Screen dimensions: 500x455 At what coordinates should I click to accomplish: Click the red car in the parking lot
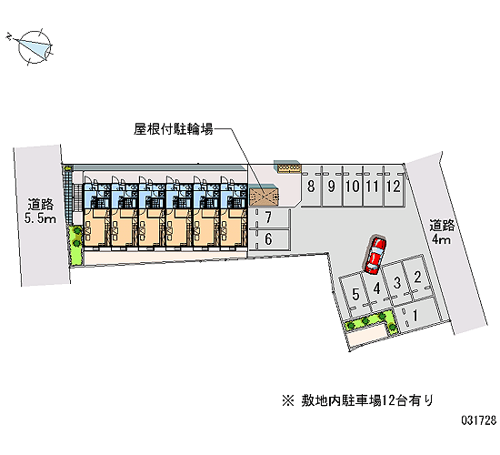pos(375,255)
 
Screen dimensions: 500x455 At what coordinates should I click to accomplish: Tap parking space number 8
pos(312,187)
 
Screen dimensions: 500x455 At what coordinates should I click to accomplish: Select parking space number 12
pos(394,187)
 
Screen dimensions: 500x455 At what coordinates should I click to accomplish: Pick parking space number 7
pos(268,218)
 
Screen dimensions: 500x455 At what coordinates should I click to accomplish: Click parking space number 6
pos(268,239)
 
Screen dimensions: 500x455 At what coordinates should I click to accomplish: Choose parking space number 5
pos(355,294)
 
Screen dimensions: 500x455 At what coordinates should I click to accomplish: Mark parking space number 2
pos(417,277)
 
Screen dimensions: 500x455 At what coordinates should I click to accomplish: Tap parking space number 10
pos(353,187)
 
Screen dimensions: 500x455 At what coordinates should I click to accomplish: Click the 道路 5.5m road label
pos(41,211)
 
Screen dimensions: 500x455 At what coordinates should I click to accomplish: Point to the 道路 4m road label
pos(441,232)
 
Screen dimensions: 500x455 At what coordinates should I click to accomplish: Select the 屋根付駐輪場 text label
pos(173,129)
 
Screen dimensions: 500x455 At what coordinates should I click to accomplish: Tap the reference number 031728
pos(479,420)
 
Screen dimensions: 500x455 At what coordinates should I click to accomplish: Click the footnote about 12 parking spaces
pos(358,400)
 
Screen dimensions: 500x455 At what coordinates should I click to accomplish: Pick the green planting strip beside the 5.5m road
pos(76,245)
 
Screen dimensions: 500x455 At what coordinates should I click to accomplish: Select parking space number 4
pos(377,288)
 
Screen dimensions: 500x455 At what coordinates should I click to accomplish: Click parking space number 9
pos(332,187)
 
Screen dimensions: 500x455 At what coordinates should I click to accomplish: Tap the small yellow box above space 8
pos(289,168)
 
